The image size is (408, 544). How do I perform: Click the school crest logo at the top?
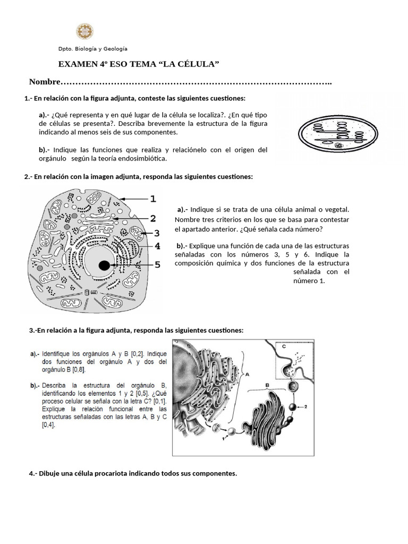point(84,31)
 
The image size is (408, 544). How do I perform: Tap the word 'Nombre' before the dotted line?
point(45,82)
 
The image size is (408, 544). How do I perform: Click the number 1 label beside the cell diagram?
point(153,199)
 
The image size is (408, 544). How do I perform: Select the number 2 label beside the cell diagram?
point(153,218)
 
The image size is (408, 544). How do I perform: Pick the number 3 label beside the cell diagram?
point(157,233)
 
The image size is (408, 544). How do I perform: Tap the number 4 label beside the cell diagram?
point(157,246)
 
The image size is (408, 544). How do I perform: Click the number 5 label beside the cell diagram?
point(157,264)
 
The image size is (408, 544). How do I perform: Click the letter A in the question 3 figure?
point(248,374)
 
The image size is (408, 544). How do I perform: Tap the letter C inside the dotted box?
point(284,346)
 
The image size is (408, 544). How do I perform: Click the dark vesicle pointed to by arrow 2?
point(292,407)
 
